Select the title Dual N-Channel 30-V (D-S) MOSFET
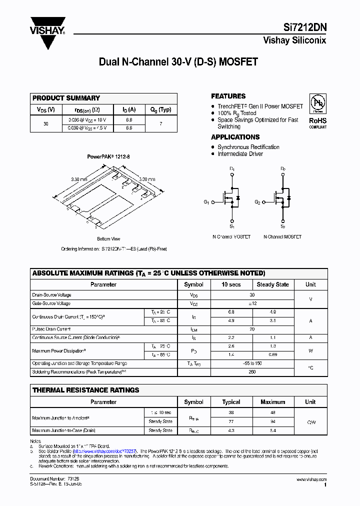178,62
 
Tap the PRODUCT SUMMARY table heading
66,98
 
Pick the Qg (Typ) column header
160,109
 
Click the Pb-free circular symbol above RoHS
317,102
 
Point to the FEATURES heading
228,96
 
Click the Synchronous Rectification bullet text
248,147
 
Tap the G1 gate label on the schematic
206,202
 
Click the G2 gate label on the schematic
257,202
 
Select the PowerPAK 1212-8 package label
108,156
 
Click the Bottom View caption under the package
108,239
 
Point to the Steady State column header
272,284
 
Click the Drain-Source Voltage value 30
252,295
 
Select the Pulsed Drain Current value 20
252,329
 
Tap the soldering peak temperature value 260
252,372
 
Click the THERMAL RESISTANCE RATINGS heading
85,390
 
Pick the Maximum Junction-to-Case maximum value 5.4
272,430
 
